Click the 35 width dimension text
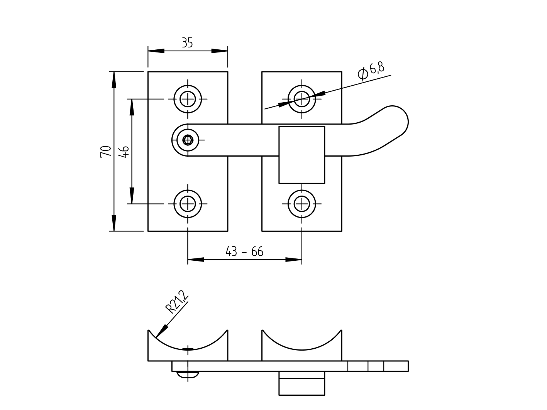click(187, 43)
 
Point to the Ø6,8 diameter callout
click(371, 71)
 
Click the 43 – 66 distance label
click(244, 252)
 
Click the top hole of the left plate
click(188, 99)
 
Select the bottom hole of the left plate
click(188, 204)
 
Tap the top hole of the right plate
click(302, 99)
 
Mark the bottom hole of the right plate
click(302, 204)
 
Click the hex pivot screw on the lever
click(188, 140)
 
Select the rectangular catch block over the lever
click(302, 155)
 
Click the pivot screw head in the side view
click(188, 374)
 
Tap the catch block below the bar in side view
click(302, 383)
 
